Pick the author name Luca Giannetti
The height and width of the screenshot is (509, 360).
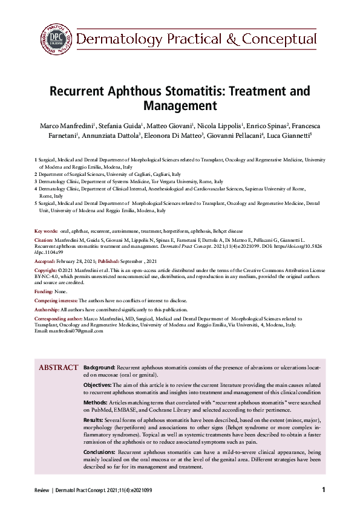pos(287,135)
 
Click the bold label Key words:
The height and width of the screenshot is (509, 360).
pos(46,231)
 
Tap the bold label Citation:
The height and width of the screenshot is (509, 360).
pos(44,240)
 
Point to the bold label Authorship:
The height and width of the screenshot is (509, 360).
pos(48,309)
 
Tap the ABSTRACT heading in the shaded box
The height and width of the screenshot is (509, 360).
pos(58,368)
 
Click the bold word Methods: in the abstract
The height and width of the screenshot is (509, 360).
pos(96,402)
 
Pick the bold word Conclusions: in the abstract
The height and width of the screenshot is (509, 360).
pos(99,452)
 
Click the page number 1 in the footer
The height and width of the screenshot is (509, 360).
pos(324,490)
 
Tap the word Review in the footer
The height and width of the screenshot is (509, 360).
pos(42,490)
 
